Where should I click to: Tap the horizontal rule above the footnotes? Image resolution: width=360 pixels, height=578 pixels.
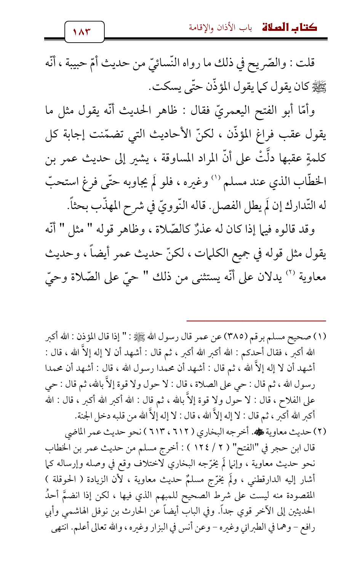pos(256,321)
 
